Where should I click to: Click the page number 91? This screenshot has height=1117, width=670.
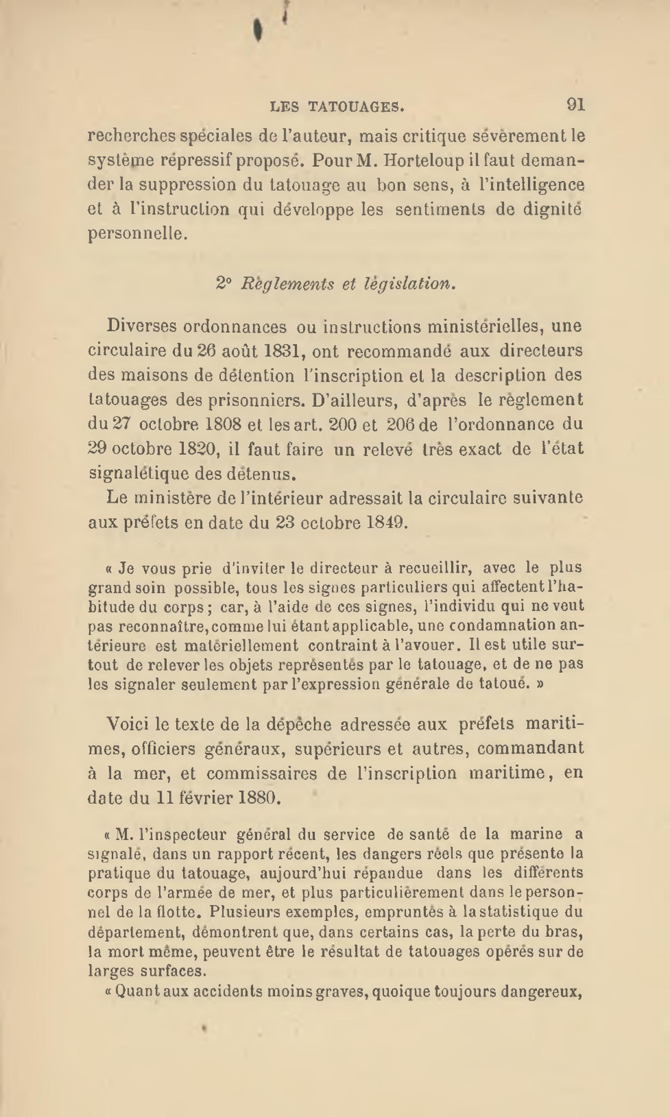[x=576, y=105]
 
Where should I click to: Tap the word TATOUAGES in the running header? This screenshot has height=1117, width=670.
[x=356, y=107]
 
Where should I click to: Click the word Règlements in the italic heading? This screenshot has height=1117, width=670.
[x=287, y=284]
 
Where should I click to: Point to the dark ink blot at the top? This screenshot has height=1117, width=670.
[x=258, y=30]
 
